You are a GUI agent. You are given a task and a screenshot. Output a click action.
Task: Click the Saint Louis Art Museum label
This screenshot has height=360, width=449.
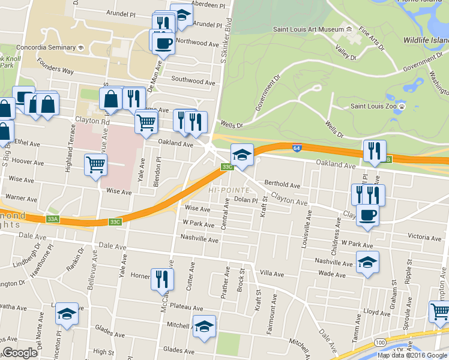click(x=308, y=29)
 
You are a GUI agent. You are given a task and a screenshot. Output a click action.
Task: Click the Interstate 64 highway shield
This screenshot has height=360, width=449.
click(x=297, y=148)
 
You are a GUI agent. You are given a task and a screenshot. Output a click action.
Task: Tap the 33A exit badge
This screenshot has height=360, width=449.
click(x=52, y=219)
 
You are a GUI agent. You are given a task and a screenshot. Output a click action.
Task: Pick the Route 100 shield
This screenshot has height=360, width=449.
click(x=381, y=341)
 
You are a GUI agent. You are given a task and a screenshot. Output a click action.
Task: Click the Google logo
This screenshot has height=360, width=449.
click(x=20, y=353)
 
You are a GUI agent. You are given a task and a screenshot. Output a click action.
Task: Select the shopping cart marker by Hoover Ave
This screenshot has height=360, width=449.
click(x=96, y=164)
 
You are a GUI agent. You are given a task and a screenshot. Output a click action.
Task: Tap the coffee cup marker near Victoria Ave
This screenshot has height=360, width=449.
click(x=367, y=215)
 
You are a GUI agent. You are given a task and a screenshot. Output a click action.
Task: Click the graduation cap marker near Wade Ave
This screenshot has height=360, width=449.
click(x=367, y=262)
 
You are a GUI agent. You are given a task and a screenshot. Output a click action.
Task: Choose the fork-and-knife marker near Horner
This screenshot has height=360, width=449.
click(x=162, y=279)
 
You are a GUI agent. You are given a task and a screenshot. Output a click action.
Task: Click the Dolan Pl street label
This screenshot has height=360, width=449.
click(x=246, y=200)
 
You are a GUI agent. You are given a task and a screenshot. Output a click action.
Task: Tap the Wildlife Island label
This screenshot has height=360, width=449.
click(x=424, y=39)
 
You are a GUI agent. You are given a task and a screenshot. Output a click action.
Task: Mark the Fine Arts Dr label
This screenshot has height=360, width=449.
click(x=370, y=37)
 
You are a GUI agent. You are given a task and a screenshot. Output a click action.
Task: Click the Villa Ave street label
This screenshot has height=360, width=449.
click(x=271, y=274)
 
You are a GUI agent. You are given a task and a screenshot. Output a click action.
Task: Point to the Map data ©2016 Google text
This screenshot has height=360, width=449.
click(x=412, y=355)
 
